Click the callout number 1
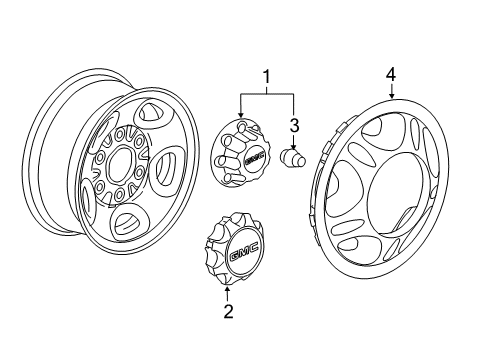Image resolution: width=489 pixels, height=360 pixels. point(266,76)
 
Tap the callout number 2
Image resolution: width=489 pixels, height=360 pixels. point(228,312)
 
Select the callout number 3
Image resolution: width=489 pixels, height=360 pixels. point(295,124)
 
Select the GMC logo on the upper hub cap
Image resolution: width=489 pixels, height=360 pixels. point(257,157)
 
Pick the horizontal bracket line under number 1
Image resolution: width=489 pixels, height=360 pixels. point(266,92)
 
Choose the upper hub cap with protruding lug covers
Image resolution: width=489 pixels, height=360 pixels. point(241,158)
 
